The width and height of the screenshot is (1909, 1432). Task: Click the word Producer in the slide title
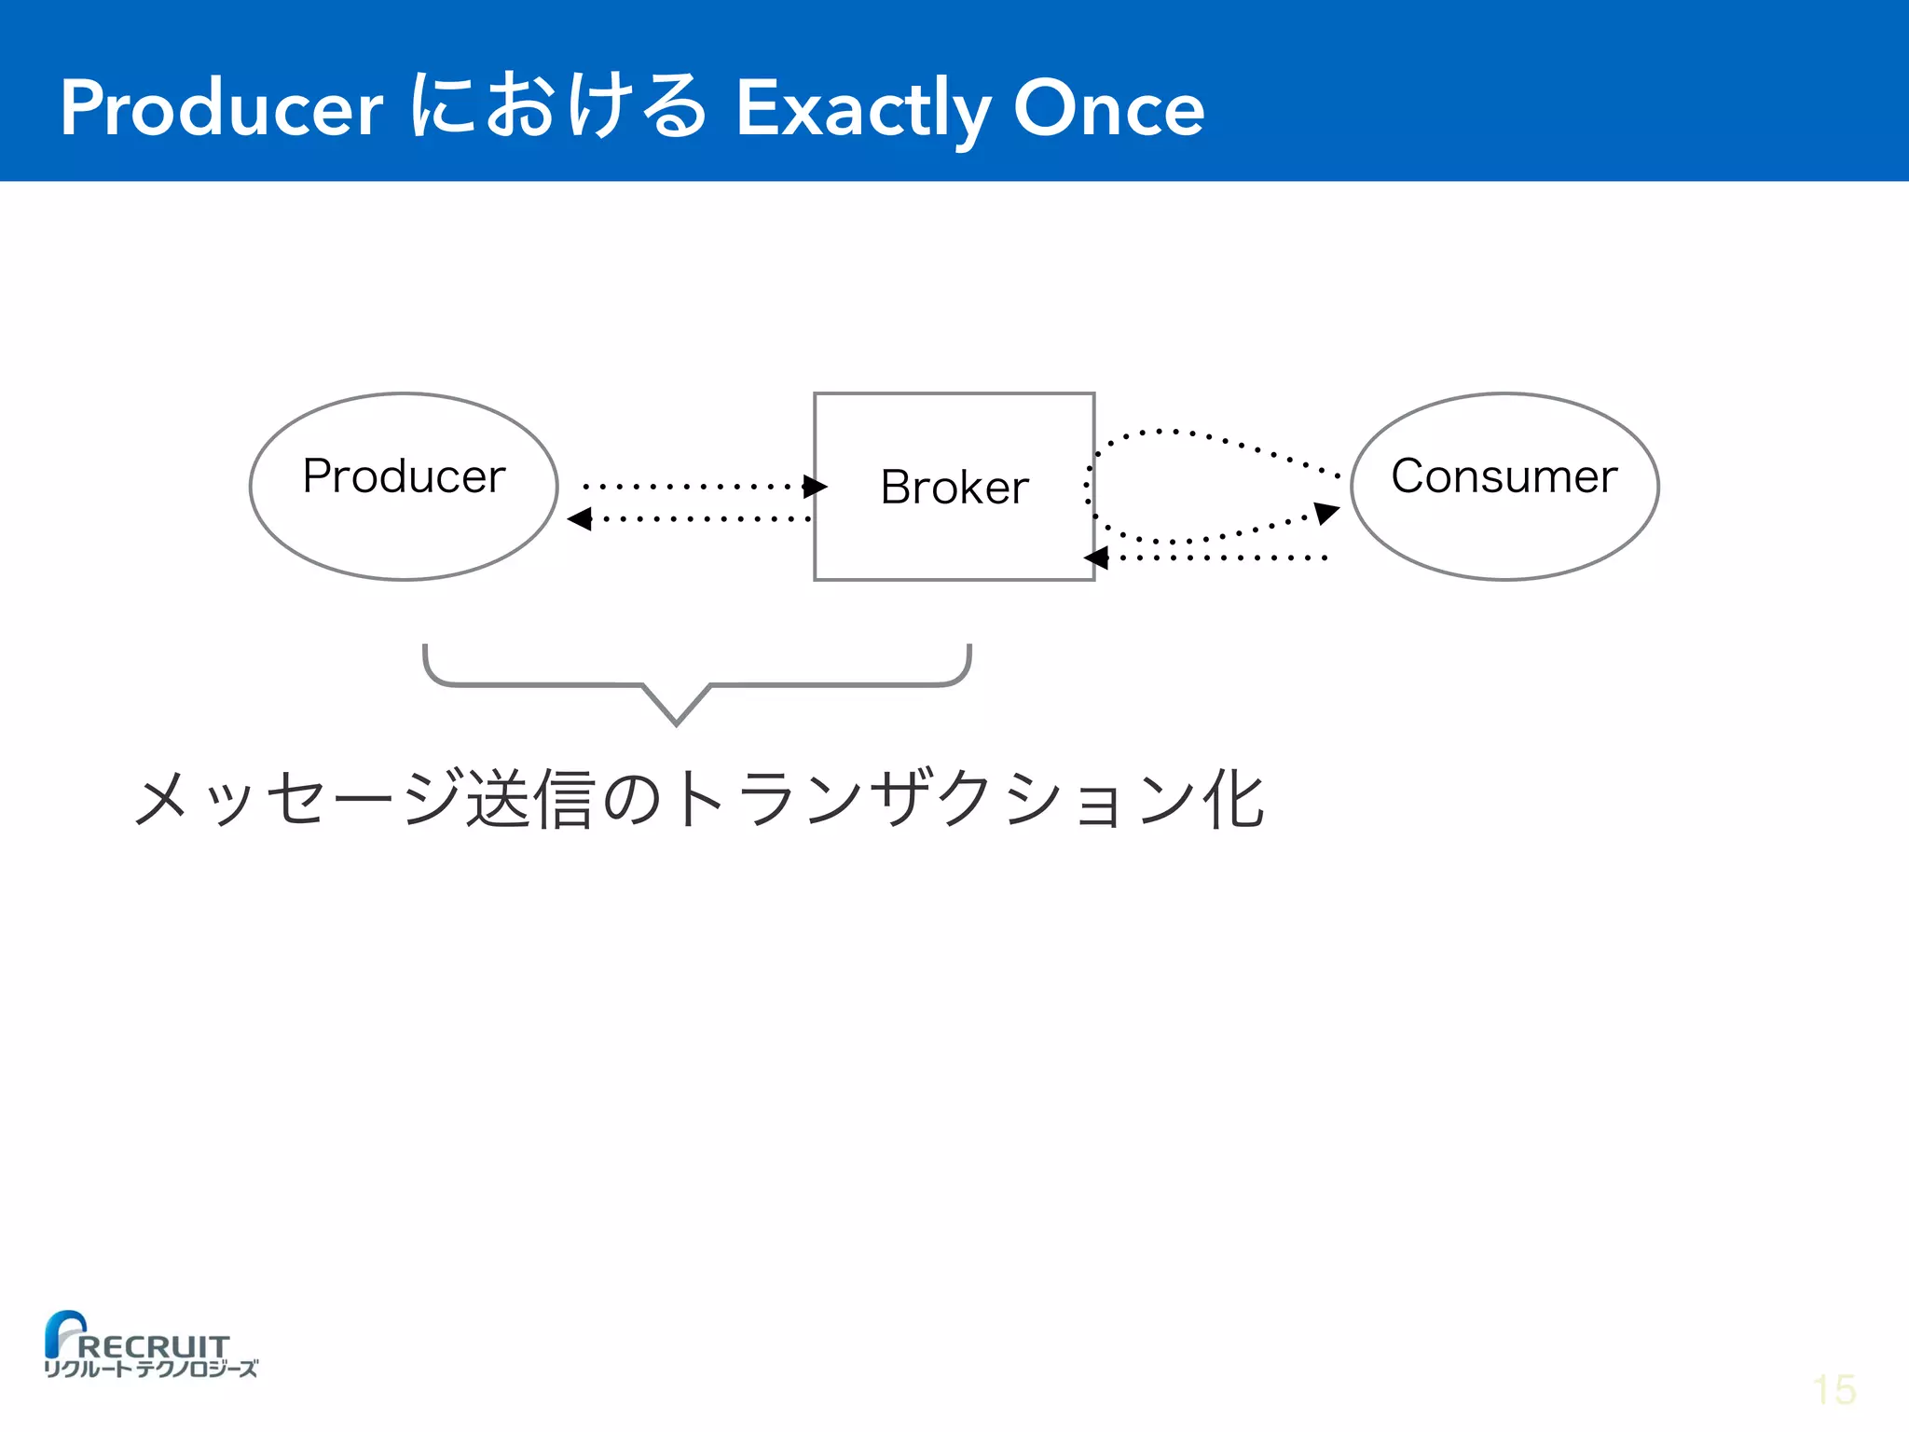pyautogui.click(x=222, y=108)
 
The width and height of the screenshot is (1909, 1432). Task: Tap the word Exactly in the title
pyautogui.click(x=863, y=110)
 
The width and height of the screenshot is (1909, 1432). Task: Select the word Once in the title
pyautogui.click(x=1109, y=108)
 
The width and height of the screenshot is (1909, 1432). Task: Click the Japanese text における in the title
pyautogui.click(x=557, y=108)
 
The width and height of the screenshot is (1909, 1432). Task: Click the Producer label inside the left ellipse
pyautogui.click(x=404, y=476)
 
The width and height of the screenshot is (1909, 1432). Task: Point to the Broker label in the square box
pyautogui.click(x=954, y=488)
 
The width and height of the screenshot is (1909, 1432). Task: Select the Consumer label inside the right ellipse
pyautogui.click(x=1504, y=476)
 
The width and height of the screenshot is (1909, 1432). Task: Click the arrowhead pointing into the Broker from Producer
pyautogui.click(x=815, y=487)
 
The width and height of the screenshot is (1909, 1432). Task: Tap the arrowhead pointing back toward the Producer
pyautogui.click(x=580, y=519)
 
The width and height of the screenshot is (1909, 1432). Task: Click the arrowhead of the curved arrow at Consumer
pyautogui.click(x=1326, y=512)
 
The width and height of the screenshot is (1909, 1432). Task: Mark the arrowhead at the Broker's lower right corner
pyautogui.click(x=1096, y=558)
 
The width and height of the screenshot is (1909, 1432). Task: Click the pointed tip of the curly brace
pyautogui.click(x=677, y=722)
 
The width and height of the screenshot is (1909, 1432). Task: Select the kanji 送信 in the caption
pyautogui.click(x=530, y=799)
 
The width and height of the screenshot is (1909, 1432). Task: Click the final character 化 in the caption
pyautogui.click(x=1233, y=799)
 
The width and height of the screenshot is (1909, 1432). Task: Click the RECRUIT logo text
pyautogui.click(x=154, y=1346)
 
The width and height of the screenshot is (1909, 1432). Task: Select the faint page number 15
pyautogui.click(x=1834, y=1390)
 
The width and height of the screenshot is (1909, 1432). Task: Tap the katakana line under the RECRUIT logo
pyautogui.click(x=151, y=1369)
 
